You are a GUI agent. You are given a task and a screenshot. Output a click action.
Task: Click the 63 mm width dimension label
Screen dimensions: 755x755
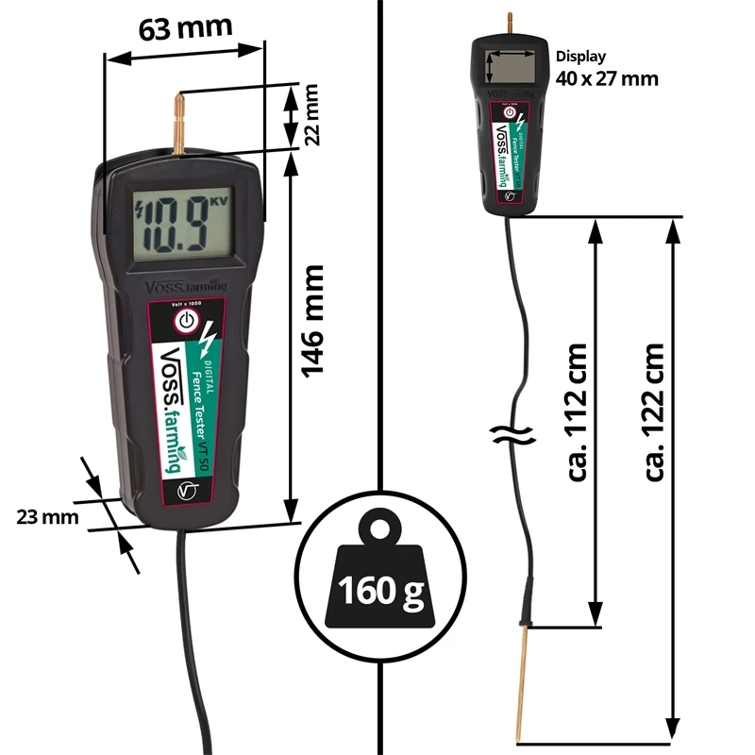[x=186, y=29]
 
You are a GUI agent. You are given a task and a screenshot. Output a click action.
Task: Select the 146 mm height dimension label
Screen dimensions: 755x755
[x=312, y=321]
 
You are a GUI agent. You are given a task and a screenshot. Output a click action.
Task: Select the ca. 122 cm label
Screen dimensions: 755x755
[x=654, y=411]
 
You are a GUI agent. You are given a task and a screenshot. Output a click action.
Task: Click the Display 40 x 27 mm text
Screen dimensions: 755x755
[x=607, y=69]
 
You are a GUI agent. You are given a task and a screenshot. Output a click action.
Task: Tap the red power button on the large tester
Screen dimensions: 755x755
[x=187, y=321]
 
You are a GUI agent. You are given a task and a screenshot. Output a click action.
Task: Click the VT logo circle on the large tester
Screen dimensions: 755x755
[x=189, y=492]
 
